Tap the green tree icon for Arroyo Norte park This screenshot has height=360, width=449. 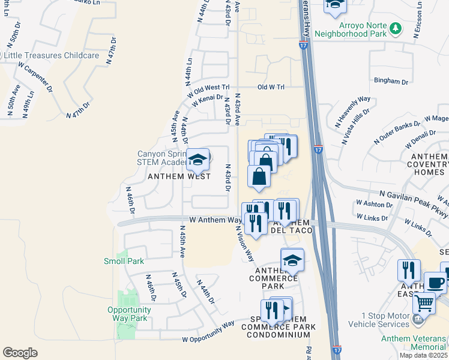[395, 28]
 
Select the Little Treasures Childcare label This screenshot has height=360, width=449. [51, 55]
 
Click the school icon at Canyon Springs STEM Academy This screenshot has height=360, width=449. [197, 160]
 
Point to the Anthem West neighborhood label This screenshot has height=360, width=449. [179, 176]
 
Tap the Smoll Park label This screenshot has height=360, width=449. [124, 261]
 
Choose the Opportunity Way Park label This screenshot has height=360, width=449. [129, 314]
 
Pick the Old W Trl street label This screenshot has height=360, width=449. [271, 87]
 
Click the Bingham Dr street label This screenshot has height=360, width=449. [391, 81]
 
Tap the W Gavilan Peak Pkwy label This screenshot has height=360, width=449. [414, 201]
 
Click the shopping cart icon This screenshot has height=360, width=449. [424, 303]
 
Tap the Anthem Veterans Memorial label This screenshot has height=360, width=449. [414, 343]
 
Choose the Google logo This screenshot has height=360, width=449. [20, 352]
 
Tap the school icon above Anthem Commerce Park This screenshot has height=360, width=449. [292, 260]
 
